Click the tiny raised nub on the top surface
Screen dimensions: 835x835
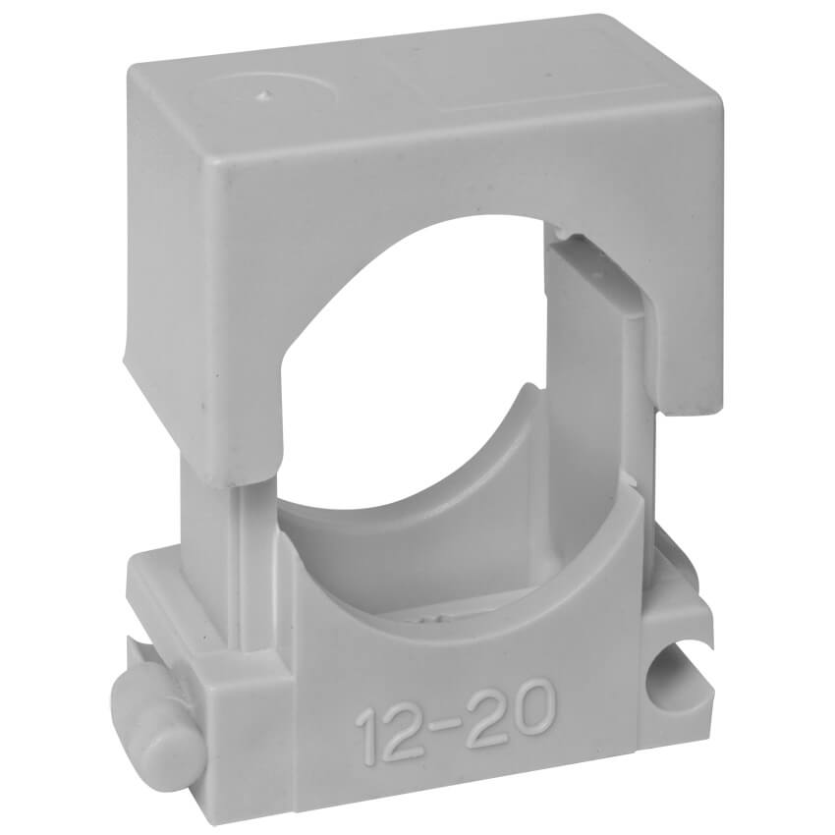pyautogui.click(x=260, y=96)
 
